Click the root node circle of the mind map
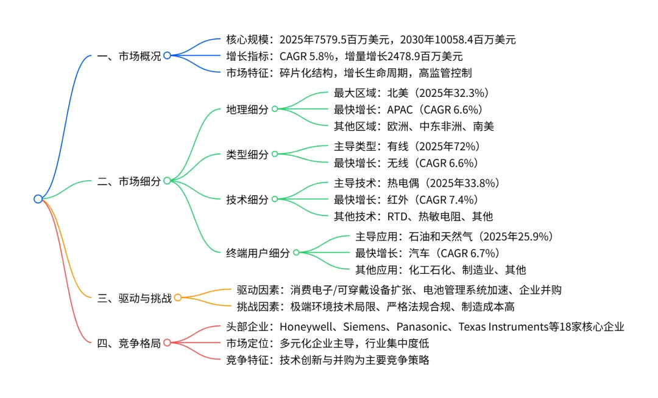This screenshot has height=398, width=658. click(x=38, y=199)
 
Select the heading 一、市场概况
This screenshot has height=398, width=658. click(x=129, y=56)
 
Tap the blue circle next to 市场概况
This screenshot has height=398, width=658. click(x=167, y=56)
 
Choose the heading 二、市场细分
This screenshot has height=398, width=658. click(x=129, y=181)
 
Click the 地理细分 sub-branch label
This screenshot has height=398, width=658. click(x=247, y=110)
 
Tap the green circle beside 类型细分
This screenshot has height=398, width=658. click(x=275, y=155)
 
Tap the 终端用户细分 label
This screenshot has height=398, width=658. click(x=258, y=253)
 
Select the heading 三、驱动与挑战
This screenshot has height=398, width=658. click(x=135, y=298)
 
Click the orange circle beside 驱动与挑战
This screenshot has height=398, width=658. click(x=178, y=298)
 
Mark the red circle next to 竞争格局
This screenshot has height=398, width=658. click(x=167, y=343)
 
